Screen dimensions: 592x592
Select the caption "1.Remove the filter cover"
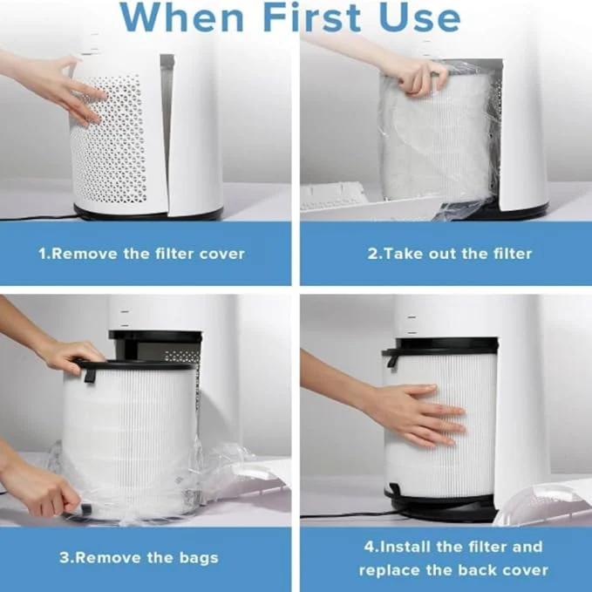(141, 254)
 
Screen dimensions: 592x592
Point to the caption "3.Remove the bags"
(139, 557)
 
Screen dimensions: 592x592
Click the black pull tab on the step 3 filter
(89, 373)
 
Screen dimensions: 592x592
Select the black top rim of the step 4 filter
(440, 346)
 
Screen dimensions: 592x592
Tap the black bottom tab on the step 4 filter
(395, 491)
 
